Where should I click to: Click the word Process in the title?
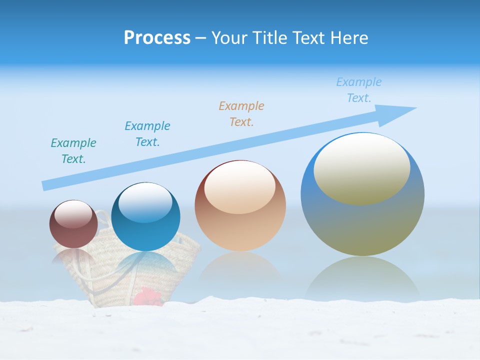click(x=157, y=38)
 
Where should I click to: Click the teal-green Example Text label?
click(x=73, y=151)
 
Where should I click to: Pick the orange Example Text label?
click(x=241, y=113)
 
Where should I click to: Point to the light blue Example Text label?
click(x=359, y=90)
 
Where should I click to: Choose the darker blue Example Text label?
click(x=147, y=133)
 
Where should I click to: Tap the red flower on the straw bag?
click(x=148, y=296)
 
